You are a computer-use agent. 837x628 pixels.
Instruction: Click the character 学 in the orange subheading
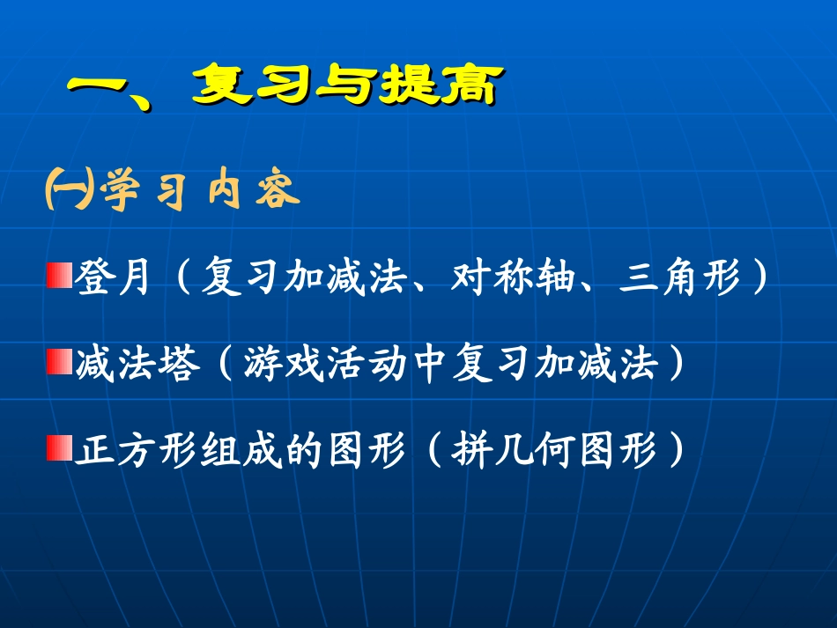coord(120,192)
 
